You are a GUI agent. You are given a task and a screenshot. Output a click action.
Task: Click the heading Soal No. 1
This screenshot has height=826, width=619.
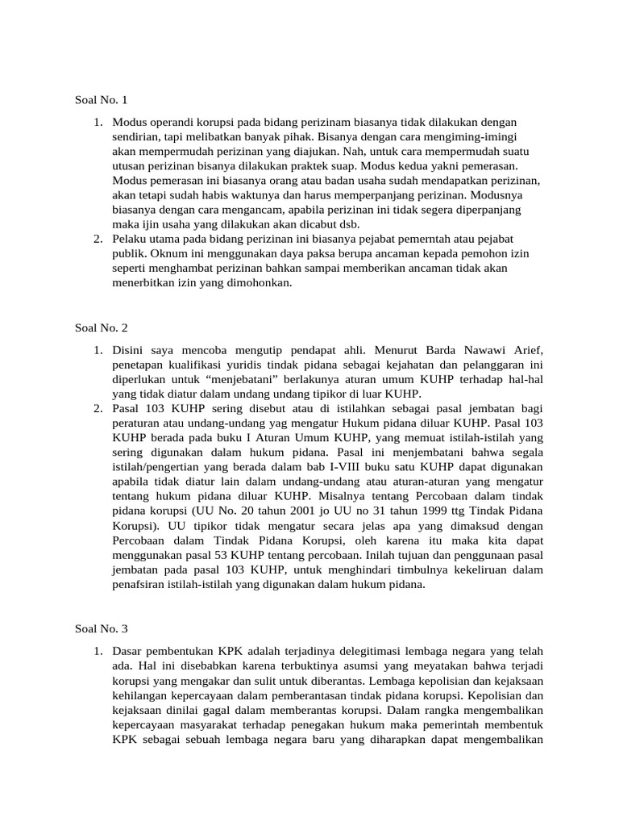pos(102,100)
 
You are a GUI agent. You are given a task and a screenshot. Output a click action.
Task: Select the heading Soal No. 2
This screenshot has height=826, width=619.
pos(102,328)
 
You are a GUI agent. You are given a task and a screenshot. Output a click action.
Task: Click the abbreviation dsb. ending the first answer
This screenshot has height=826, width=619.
pos(348,223)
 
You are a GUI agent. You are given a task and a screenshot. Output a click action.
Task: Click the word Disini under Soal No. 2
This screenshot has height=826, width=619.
pos(131,349)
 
